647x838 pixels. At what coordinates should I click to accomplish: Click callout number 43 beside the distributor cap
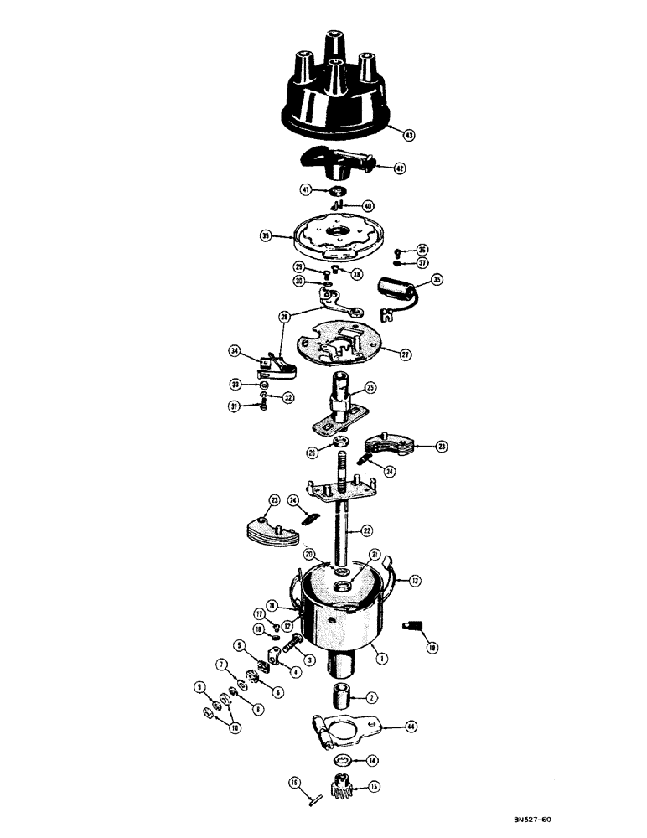click(408, 134)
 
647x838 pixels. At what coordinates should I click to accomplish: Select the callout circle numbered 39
click(267, 237)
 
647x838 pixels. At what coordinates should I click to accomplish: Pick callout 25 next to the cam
click(369, 388)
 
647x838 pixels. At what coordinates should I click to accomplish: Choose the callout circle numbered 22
click(365, 530)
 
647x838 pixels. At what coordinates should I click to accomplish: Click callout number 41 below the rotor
click(308, 191)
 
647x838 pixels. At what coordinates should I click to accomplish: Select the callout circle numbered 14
click(371, 761)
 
